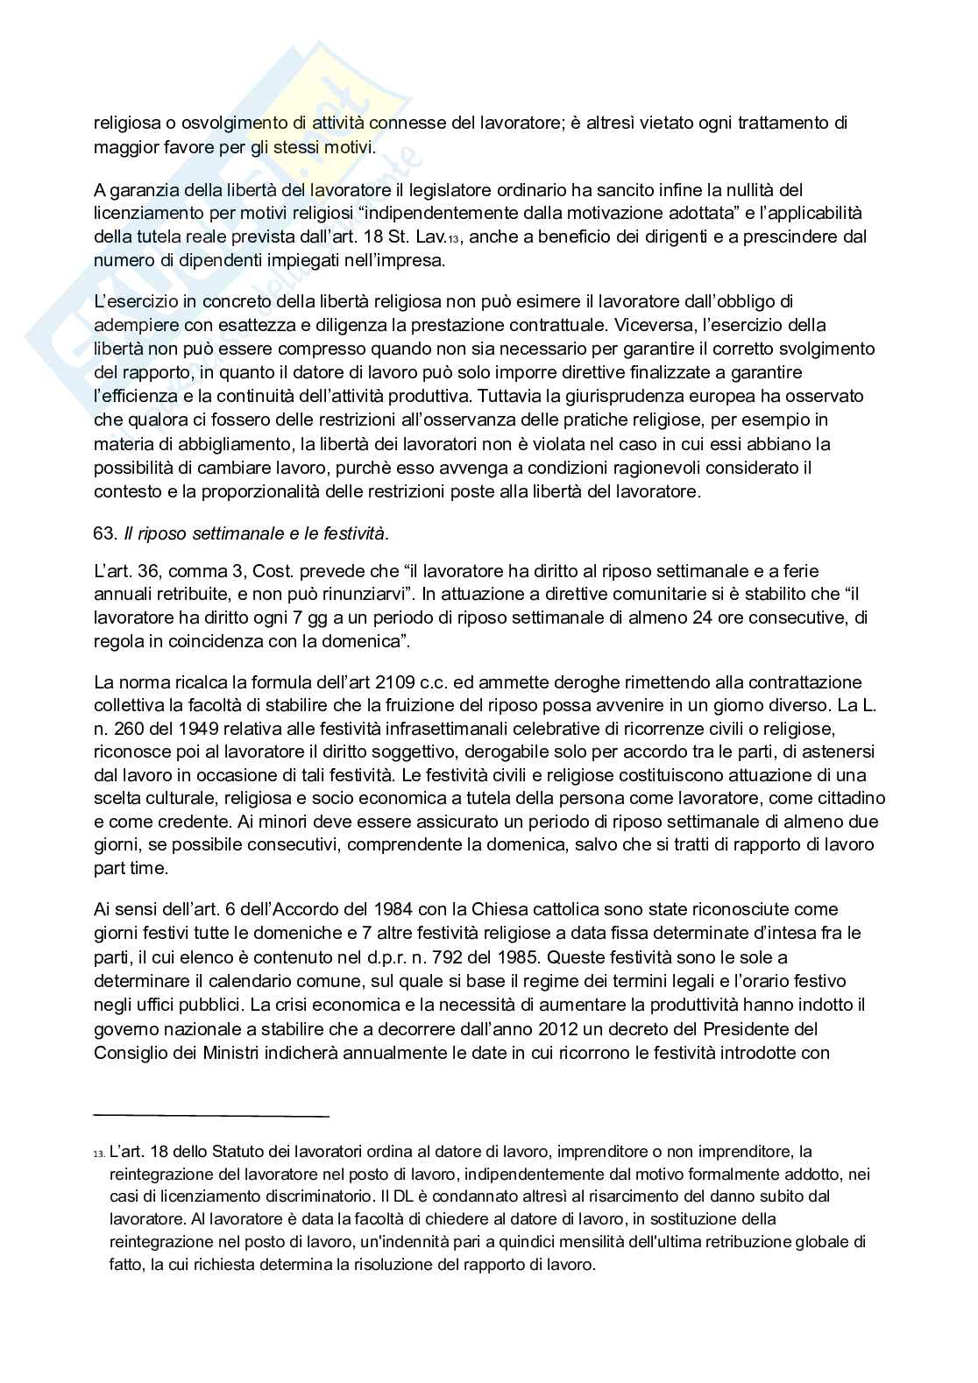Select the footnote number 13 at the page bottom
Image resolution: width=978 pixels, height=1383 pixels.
(99, 1154)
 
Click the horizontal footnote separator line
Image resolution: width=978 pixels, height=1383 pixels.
(210, 1116)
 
